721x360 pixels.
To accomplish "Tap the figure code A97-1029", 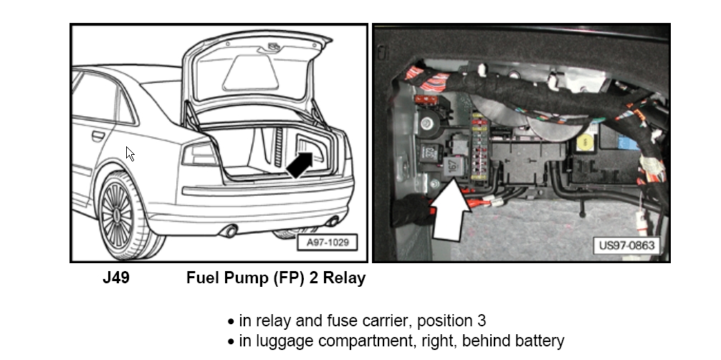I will [327, 242].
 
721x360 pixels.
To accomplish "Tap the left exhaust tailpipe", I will [229, 231].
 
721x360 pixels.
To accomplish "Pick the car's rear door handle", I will [97, 136].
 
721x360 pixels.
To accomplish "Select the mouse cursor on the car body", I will [130, 153].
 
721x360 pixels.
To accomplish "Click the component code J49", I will [116, 278].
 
